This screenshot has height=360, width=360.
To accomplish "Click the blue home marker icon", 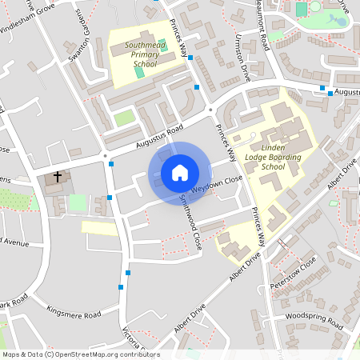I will click(x=180, y=172).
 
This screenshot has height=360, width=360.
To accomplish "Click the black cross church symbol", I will click(x=57, y=176).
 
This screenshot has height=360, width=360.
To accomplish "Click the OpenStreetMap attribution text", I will click(x=80, y=354).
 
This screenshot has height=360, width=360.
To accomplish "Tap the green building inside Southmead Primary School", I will click(x=139, y=72).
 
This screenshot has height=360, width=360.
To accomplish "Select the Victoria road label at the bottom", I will click(x=133, y=340).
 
